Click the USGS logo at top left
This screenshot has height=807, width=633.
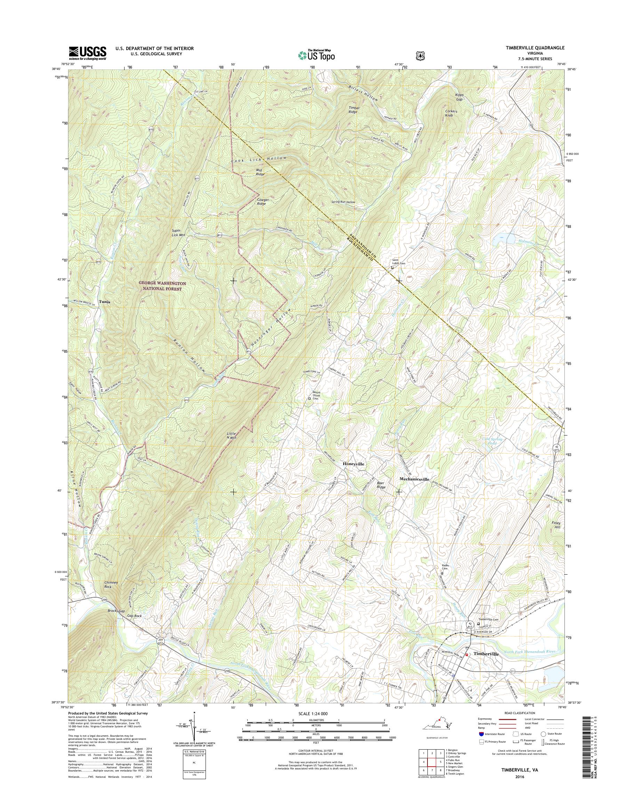(87, 53)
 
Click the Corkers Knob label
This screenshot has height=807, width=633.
(451, 113)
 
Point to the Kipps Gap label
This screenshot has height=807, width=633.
(459, 97)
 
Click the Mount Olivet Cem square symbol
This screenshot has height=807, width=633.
(310, 399)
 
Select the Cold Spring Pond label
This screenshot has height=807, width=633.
(492, 441)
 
